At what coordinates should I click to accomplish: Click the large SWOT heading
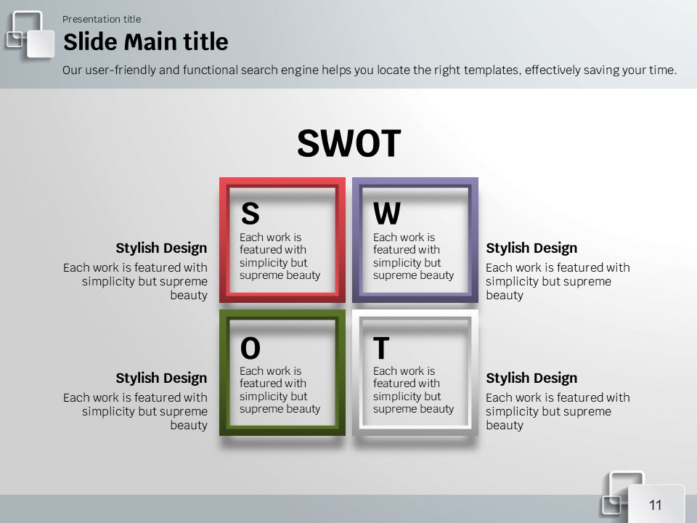[x=349, y=143]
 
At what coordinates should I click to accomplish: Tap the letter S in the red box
[x=250, y=213]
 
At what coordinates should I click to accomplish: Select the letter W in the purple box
[x=387, y=213]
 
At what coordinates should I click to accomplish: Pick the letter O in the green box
[x=250, y=348]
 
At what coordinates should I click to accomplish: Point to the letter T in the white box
[x=381, y=348]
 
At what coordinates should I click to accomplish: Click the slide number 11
[x=655, y=506]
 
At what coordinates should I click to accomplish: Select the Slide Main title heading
[x=146, y=42]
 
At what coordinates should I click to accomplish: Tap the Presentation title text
[x=102, y=19]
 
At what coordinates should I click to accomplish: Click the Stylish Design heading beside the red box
[x=161, y=248]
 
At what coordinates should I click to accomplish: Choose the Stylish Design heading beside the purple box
[x=531, y=248]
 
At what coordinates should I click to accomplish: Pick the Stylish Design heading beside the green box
[x=161, y=378]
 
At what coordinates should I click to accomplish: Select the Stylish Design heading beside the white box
[x=531, y=378]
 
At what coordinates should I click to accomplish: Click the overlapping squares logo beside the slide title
[x=30, y=35]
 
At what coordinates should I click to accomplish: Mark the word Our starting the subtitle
[x=72, y=70]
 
